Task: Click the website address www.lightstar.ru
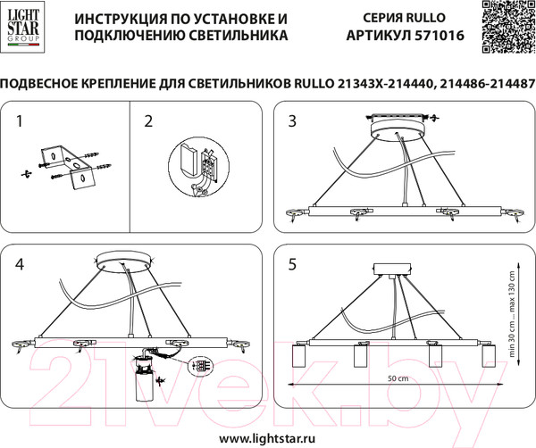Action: point(268,438)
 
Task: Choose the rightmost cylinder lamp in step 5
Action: point(488,358)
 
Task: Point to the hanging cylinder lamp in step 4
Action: point(141,386)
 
